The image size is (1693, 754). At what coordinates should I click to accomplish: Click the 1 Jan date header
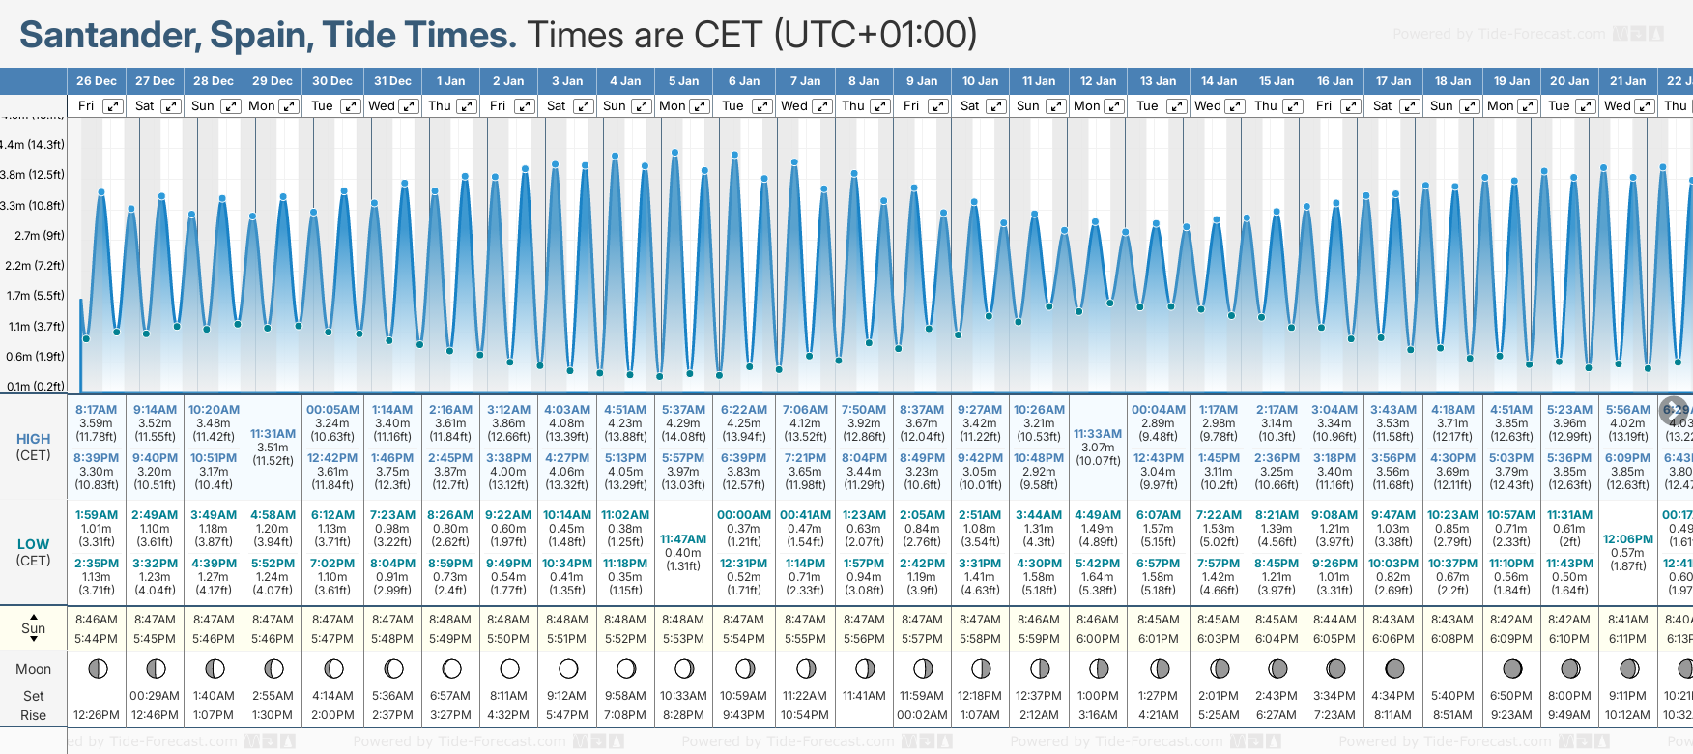[450, 81]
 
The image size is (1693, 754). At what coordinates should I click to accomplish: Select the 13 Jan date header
[1158, 81]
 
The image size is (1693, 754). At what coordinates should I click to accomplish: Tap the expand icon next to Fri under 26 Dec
[113, 106]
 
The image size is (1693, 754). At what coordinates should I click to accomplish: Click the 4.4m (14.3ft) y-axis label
[33, 145]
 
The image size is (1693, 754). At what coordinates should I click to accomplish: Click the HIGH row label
[33, 439]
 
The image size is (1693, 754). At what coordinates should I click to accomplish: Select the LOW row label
[33, 544]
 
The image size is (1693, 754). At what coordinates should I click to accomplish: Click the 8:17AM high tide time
[96, 410]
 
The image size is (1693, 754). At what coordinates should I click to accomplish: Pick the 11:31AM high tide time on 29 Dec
[273, 434]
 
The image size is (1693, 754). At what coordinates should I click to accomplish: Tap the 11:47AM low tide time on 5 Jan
[683, 539]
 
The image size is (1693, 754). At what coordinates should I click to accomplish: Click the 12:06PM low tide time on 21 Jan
[1627, 539]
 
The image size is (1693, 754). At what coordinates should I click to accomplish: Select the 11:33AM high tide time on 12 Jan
[1098, 434]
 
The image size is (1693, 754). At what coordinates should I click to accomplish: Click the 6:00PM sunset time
[1098, 639]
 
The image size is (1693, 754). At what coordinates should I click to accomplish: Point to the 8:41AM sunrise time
[1627, 620]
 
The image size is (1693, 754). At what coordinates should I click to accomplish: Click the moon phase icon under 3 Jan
[568, 669]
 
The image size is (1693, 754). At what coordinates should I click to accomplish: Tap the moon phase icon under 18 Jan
[1452, 669]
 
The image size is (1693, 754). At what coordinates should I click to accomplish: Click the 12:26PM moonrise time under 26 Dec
[96, 715]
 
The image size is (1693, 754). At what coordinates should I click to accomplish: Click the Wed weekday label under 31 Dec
[382, 106]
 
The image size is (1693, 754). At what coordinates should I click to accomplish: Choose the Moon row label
[33, 669]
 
